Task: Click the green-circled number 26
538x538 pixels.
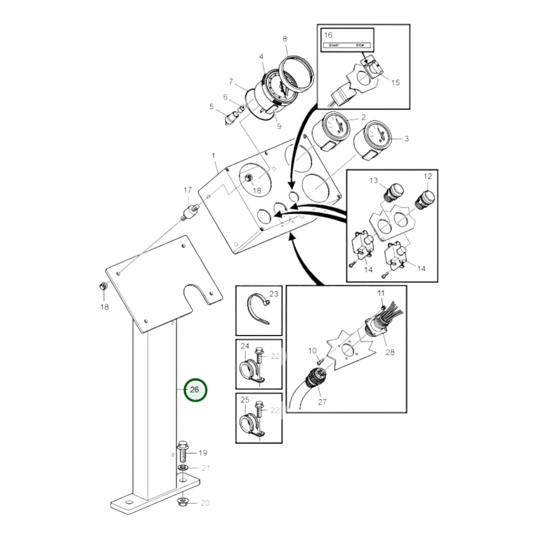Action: pyautogui.click(x=195, y=390)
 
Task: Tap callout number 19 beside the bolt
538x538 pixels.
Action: pyautogui.click(x=203, y=453)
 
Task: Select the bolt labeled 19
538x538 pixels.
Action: pyautogui.click(x=182, y=451)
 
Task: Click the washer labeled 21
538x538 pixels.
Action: pyautogui.click(x=182, y=468)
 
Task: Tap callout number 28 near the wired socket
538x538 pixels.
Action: pyautogui.click(x=390, y=352)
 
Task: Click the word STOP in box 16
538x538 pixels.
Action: pyautogui.click(x=360, y=45)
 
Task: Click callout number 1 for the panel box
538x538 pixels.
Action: pyautogui.click(x=213, y=155)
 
